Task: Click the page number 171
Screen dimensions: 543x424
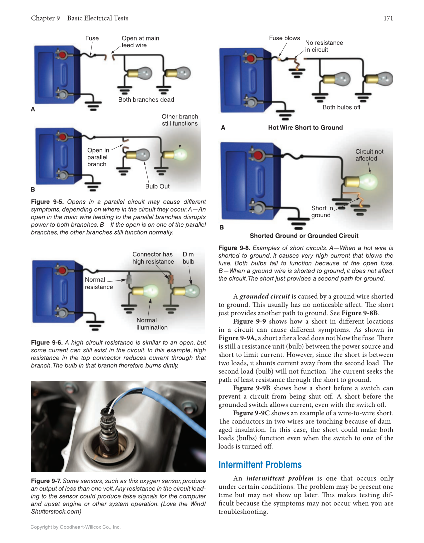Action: tap(388, 18)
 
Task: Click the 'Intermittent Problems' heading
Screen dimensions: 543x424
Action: tap(260, 465)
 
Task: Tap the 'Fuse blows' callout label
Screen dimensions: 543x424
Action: tap(284, 38)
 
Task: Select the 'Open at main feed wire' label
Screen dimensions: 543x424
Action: tap(140, 42)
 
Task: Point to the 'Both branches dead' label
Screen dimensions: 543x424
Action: tap(146, 100)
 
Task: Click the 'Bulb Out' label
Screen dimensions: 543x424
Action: tap(157, 186)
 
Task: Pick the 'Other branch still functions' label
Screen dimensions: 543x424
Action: tap(179, 120)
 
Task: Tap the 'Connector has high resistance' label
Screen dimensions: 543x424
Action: tap(153, 258)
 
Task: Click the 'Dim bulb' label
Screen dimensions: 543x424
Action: tap(188, 258)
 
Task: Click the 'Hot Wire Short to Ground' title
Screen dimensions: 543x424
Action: tap(305, 128)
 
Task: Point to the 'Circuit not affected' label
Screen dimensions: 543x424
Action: tap(369, 155)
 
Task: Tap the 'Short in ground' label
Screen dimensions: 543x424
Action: tap(322, 212)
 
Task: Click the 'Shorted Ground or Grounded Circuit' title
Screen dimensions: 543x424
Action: tap(304, 236)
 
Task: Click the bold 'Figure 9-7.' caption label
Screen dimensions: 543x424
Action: tap(46, 481)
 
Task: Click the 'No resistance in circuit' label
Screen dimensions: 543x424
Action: tap(324, 46)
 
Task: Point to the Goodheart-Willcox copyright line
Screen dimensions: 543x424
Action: tap(76, 527)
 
